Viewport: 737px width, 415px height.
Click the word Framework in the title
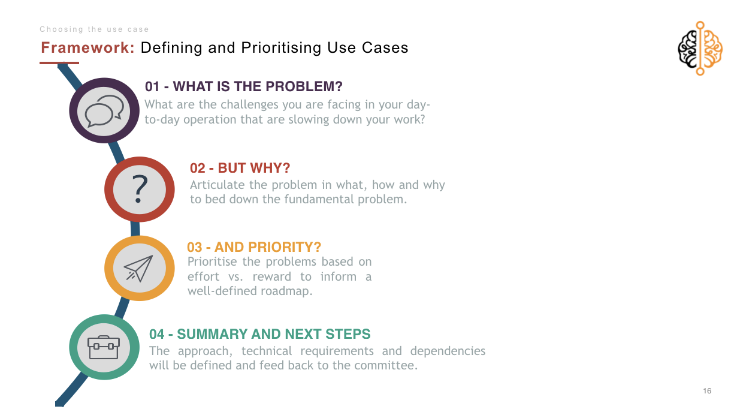tap(87, 48)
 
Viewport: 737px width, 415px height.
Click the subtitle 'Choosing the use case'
tap(94, 29)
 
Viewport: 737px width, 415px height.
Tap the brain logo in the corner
tap(700, 49)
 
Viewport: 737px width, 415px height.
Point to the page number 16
tap(707, 391)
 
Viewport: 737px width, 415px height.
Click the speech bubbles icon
tap(104, 111)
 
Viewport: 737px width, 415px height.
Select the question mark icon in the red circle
tap(140, 189)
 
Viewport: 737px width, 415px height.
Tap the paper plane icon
tap(138, 268)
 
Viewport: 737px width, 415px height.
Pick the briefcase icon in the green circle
tap(104, 347)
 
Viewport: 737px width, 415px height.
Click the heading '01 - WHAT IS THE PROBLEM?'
tap(244, 86)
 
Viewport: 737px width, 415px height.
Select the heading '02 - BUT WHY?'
tap(240, 168)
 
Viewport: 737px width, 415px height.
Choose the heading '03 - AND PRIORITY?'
tap(254, 247)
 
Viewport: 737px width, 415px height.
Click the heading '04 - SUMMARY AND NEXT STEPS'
tap(260, 334)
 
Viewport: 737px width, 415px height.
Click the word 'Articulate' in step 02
tap(218, 185)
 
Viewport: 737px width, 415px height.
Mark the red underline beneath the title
tap(59, 63)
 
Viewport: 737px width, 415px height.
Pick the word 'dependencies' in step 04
tap(448, 351)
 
